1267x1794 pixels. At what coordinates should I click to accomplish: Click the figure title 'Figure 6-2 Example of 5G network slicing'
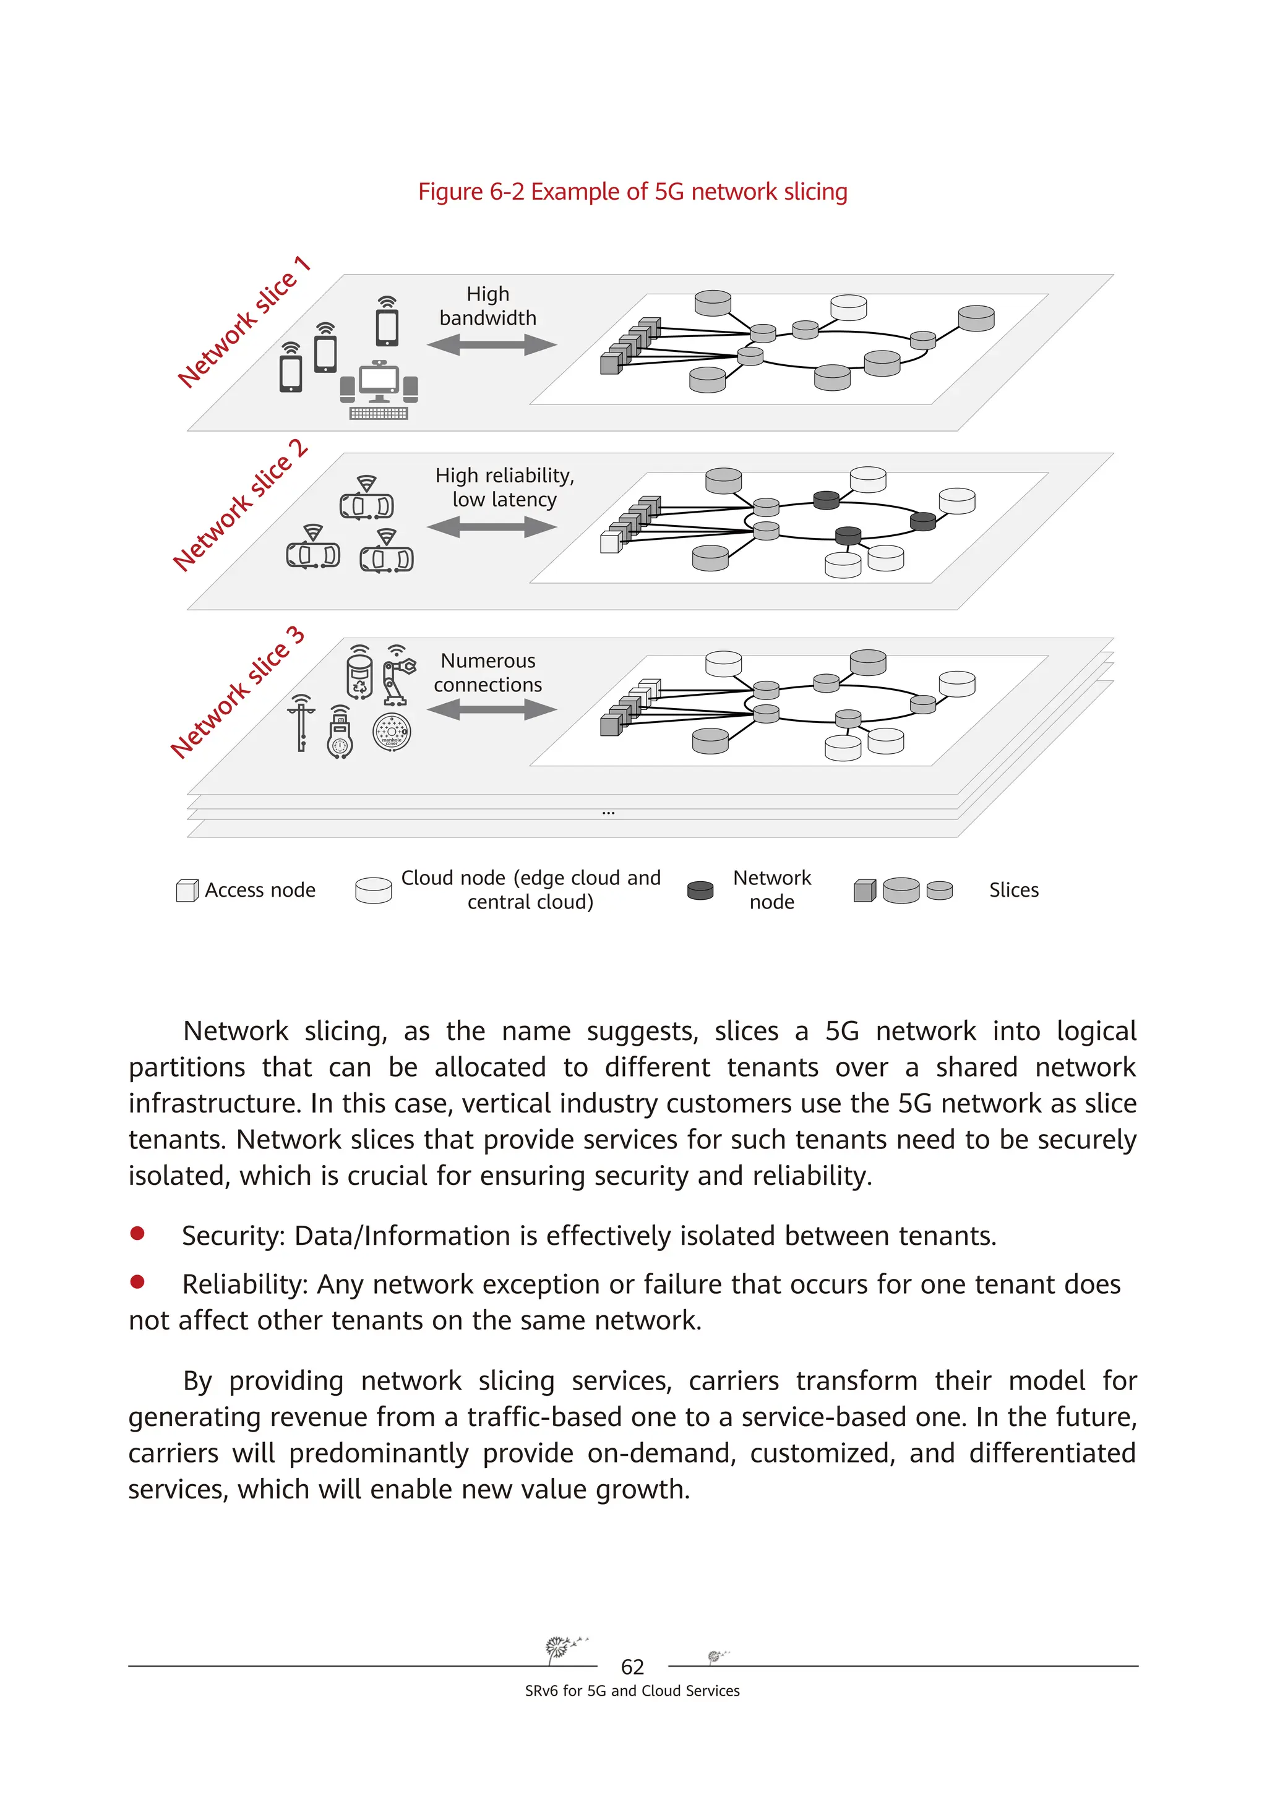click(632, 192)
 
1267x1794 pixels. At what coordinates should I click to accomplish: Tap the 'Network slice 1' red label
click(243, 322)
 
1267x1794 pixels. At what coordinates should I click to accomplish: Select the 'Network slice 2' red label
click(240, 506)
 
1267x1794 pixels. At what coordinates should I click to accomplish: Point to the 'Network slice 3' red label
click(237, 692)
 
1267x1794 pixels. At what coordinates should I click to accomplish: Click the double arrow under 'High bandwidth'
click(492, 344)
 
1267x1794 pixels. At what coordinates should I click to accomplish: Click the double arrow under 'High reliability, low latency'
click(492, 528)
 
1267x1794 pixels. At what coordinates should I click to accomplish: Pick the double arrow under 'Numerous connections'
click(492, 709)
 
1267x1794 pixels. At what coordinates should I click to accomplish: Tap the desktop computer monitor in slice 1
click(379, 380)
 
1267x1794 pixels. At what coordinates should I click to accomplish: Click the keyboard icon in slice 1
click(379, 413)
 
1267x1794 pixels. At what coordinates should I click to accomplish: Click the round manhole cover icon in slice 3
click(392, 733)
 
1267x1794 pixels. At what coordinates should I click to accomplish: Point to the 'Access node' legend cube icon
click(187, 891)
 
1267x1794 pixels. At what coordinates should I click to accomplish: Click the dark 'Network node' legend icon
click(700, 890)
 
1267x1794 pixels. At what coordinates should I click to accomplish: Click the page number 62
click(632, 1667)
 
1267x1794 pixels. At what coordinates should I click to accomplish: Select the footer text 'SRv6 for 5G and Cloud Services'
click(632, 1691)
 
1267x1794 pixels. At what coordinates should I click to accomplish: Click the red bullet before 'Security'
click(137, 1234)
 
